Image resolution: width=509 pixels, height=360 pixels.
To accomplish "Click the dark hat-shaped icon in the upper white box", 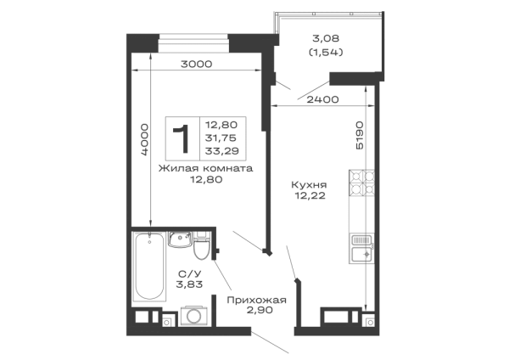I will (x=326, y=49).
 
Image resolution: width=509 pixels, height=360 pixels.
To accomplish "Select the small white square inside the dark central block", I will (x=176, y=145).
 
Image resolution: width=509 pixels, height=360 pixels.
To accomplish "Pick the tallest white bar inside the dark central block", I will (x=193, y=140).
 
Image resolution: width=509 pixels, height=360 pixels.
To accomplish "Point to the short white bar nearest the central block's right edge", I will (x=242, y=132).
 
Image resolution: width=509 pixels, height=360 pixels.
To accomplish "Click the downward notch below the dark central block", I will (x=204, y=183).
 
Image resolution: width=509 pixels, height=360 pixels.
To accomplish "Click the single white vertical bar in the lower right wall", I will (x=368, y=280).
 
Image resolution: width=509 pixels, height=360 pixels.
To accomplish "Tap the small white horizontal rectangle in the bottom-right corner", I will (x=336, y=316).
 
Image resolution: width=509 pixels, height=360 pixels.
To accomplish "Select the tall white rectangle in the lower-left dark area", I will (x=153, y=267).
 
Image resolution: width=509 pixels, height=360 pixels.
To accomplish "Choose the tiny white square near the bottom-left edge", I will (x=193, y=316).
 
